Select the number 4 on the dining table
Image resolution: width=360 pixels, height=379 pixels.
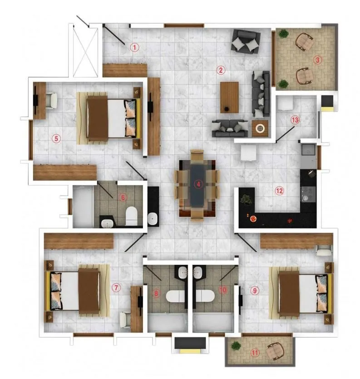coord(198,184)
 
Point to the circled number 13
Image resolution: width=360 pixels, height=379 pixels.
coord(295,120)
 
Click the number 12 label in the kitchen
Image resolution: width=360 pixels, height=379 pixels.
coord(279,191)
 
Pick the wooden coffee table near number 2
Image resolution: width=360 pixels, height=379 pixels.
coord(230,97)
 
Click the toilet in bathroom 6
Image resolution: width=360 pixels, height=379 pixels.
coord(132,215)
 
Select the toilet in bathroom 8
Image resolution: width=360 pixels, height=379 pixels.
coord(174,297)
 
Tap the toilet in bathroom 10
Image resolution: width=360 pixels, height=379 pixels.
coord(205,297)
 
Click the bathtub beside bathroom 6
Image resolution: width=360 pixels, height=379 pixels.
coord(83,206)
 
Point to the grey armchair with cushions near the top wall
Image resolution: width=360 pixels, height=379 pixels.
coord(245,41)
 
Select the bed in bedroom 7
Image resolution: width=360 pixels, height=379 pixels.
coord(77,290)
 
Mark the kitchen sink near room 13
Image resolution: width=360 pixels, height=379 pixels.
coord(308,149)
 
